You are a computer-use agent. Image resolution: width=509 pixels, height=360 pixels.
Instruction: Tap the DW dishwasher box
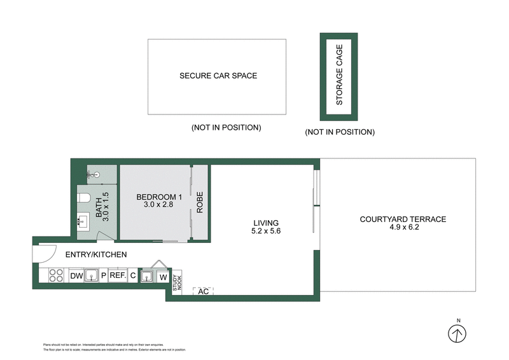76,276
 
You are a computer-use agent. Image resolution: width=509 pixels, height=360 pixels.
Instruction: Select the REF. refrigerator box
117,276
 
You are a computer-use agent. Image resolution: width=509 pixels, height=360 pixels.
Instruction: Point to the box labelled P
103,276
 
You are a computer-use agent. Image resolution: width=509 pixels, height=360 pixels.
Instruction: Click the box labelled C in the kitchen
132,276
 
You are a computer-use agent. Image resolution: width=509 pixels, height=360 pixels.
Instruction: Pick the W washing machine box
164,277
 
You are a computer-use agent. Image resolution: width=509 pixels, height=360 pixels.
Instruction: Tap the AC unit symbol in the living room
204,291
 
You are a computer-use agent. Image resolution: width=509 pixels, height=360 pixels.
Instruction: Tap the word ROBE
199,202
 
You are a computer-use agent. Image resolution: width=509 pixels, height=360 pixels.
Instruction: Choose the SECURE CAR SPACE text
218,76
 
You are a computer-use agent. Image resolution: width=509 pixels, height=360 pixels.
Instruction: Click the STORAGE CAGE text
339,75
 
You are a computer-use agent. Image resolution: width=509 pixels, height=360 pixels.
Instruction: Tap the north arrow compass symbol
457,333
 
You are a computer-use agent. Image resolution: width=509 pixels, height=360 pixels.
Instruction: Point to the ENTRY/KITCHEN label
96,254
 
